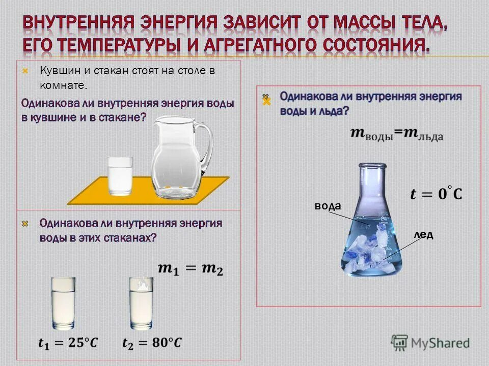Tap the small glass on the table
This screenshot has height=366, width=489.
pyautogui.click(x=120, y=176)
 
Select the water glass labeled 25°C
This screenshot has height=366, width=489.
pyautogui.click(x=64, y=303)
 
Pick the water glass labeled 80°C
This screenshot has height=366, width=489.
pyautogui.click(x=141, y=303)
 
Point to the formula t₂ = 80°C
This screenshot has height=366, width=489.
pyautogui.click(x=152, y=343)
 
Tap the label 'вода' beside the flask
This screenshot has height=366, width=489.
pyautogui.click(x=327, y=205)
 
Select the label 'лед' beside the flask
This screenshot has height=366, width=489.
pyautogui.click(x=423, y=234)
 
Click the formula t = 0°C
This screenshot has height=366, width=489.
pyautogui.click(x=436, y=194)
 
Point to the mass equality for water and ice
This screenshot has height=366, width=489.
pyautogui.click(x=397, y=134)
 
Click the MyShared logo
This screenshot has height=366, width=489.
pyautogui.click(x=430, y=342)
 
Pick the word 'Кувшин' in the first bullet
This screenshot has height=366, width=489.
pyautogui.click(x=53, y=71)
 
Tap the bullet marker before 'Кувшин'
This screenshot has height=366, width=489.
pyautogui.click(x=25, y=71)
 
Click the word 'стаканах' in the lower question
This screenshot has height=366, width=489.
pyautogui.click(x=130, y=238)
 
